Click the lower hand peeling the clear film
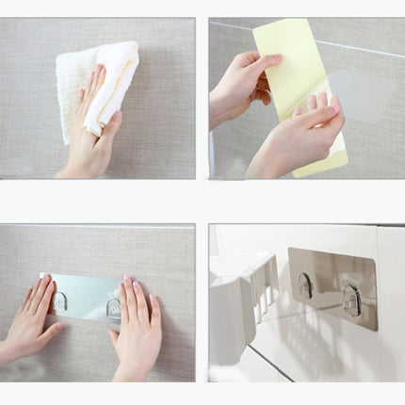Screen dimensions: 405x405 [x=292, y=141]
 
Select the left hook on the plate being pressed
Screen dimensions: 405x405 [x=60, y=301]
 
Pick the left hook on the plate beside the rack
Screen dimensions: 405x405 [x=305, y=285]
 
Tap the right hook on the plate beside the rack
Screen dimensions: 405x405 [x=351, y=299]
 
